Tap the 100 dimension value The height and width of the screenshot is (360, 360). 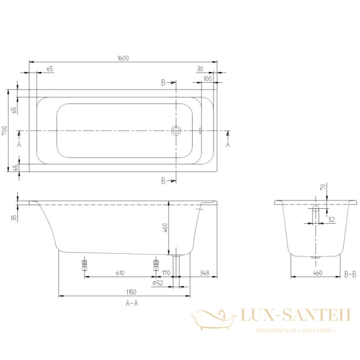208,79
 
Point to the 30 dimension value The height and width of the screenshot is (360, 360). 200,69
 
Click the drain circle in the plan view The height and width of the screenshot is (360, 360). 176,130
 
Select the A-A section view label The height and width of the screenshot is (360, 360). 131,304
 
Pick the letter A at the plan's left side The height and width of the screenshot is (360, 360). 19,145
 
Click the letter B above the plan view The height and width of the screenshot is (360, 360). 163,82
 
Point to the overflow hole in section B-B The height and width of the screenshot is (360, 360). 316,210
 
